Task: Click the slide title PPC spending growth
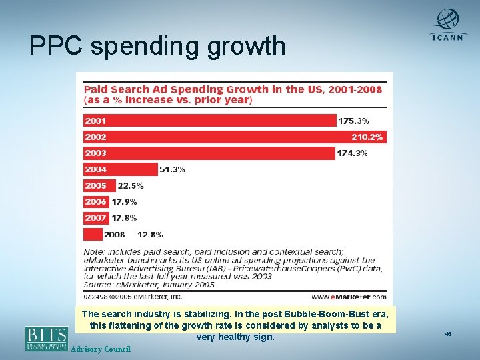point(157,45)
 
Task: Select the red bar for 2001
point(210,121)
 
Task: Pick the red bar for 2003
point(209,153)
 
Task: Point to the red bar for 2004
point(121,169)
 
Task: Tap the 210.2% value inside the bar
point(367,137)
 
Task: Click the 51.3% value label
point(173,169)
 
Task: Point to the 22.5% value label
point(131,186)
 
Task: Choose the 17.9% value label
point(124,202)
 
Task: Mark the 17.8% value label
point(124,218)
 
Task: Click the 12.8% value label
point(150,234)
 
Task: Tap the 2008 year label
point(115,234)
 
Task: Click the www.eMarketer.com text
point(348,297)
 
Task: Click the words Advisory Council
point(100,349)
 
